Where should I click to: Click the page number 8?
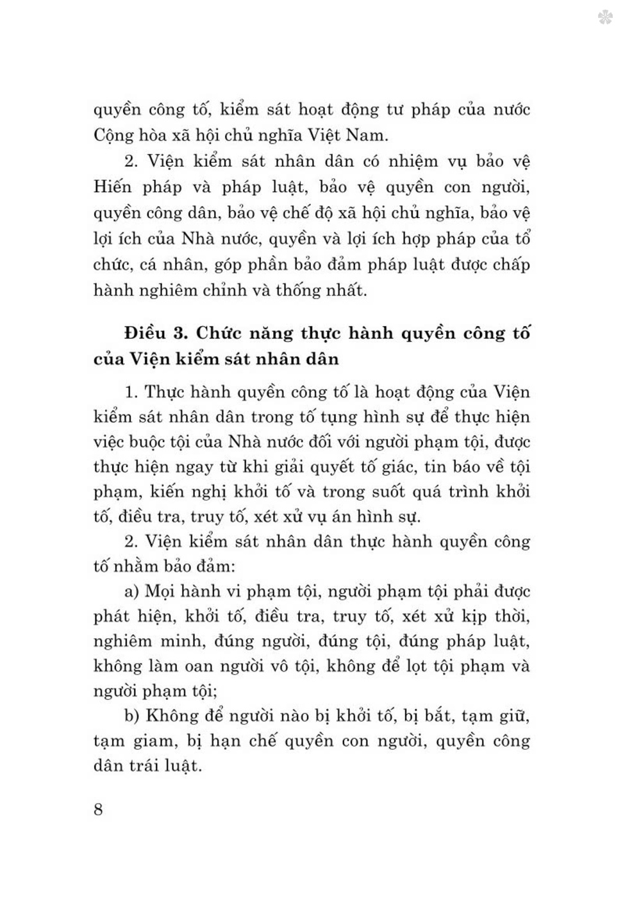point(98,809)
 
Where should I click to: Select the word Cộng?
point(114,136)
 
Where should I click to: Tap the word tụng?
point(331,418)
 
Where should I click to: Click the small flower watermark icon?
point(604,17)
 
